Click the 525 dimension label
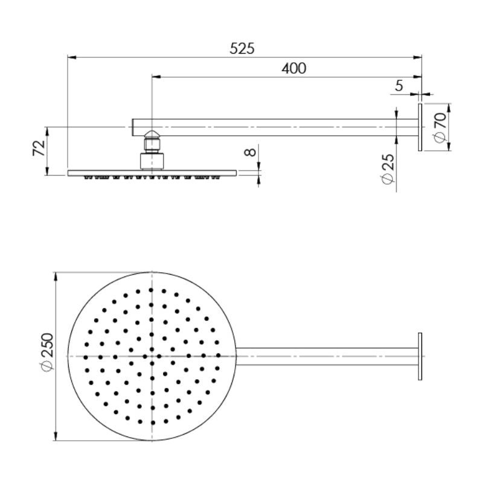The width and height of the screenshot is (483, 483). [243, 48]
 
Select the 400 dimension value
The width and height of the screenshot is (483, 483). [294, 68]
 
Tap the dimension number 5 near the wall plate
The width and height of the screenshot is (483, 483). [398, 86]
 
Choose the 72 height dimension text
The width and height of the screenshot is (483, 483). [38, 148]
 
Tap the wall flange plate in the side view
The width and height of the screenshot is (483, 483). [420, 127]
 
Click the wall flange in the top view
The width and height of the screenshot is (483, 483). [420, 356]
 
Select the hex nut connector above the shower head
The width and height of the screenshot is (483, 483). [152, 145]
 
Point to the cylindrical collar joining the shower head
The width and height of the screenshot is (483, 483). [152, 161]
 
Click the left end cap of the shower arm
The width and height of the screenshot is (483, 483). [134, 127]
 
